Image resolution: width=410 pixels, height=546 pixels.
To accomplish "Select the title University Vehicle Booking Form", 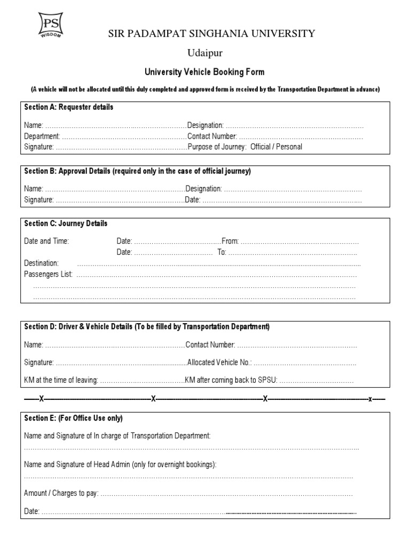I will pos(205,72).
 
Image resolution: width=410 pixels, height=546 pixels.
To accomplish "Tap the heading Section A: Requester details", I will pos(69,107).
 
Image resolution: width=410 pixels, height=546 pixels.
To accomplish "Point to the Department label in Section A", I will pos(41,136).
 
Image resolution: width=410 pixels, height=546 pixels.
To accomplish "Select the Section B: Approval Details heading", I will pos(138,171).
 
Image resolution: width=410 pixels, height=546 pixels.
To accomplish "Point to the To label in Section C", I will pos(222,252).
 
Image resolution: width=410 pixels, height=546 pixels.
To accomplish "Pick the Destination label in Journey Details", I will pos(42,263).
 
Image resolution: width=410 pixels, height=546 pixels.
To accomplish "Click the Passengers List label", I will pos(48,275).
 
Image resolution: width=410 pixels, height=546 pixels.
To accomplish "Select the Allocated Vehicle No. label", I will pos(219,363).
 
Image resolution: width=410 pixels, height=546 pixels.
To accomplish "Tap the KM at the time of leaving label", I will pos(61,381).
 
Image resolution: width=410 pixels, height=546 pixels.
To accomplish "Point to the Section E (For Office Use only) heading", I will pos(74,418).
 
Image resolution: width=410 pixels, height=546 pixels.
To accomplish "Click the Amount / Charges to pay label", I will pos(61,494).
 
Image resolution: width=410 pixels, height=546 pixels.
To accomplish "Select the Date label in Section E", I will pos(31,512).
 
